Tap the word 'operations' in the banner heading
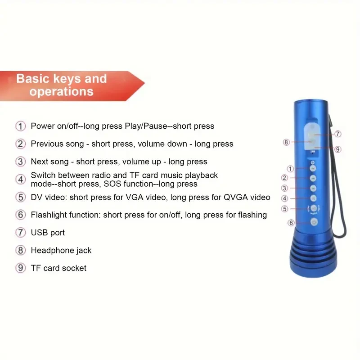click(x=62, y=91)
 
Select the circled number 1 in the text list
click(x=21, y=126)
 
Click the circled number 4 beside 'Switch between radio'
click(x=21, y=179)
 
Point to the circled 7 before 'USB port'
click(x=21, y=233)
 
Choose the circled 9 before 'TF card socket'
click(x=21, y=268)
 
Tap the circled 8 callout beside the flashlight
click(x=286, y=142)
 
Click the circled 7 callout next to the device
click(x=338, y=134)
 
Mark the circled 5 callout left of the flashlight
click(x=284, y=209)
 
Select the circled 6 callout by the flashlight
click(x=291, y=222)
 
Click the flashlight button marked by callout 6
click(x=314, y=222)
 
